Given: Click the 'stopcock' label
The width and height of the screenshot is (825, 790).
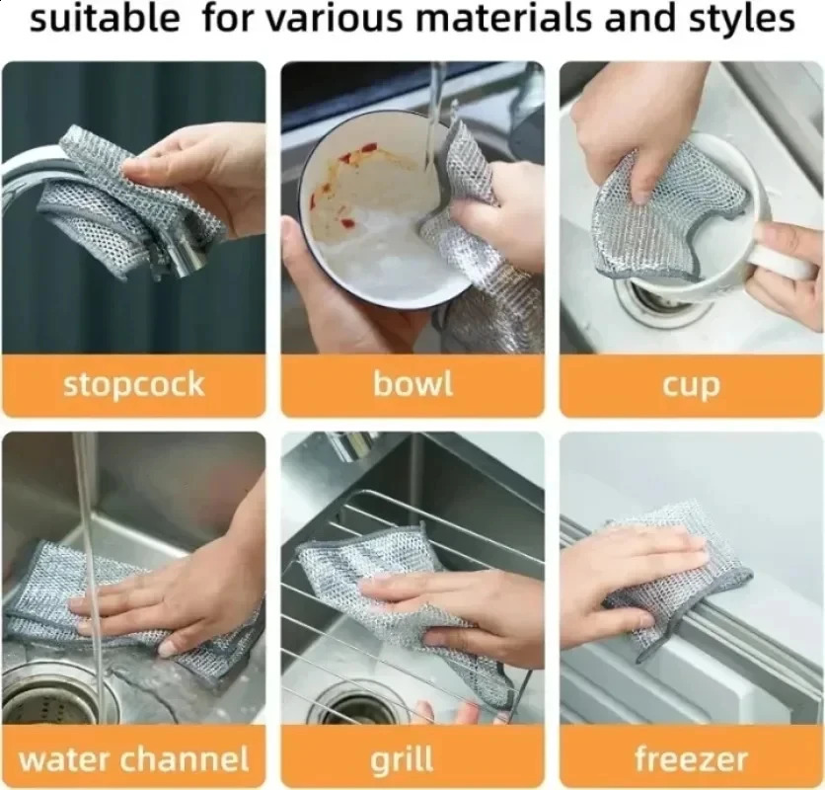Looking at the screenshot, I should pyautogui.click(x=133, y=384).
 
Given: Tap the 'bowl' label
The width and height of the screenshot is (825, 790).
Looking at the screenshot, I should pyautogui.click(x=412, y=384).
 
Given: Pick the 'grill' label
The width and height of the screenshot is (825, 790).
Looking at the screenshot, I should pyautogui.click(x=403, y=759).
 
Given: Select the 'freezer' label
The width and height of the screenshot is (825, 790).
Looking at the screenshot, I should pyautogui.click(x=691, y=759).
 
